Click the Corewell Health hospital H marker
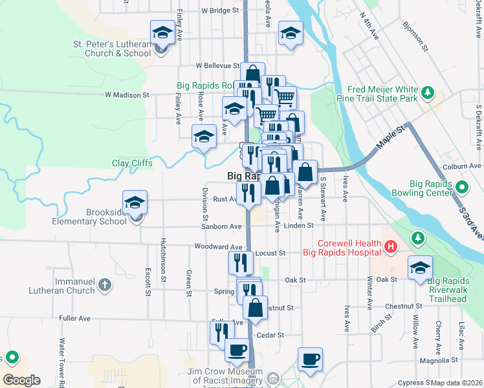point(390,246)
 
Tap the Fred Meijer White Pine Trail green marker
point(427,94)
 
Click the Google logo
point(21,380)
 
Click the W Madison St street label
point(127,95)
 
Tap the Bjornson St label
point(415,36)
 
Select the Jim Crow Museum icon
point(272,378)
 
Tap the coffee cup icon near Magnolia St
point(310,360)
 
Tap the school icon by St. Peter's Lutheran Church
point(162,32)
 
